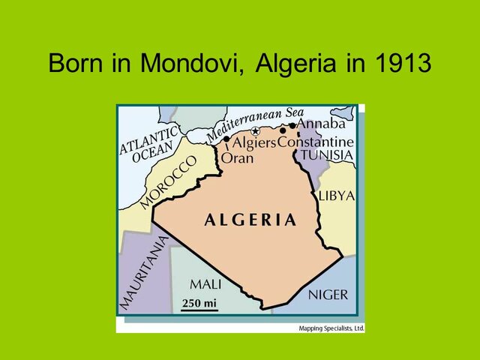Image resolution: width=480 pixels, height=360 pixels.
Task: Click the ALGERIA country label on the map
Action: (250, 220)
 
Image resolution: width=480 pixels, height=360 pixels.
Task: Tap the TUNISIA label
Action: (326, 155)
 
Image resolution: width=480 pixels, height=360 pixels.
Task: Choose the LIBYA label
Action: (336, 196)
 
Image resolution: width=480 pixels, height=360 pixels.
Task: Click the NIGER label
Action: (328, 294)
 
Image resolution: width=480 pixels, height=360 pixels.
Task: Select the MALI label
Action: (205, 284)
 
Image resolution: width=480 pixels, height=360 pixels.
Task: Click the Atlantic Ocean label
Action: (151, 145)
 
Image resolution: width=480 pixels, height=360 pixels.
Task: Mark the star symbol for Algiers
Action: (255, 132)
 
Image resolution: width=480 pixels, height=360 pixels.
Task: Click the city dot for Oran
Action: (226, 139)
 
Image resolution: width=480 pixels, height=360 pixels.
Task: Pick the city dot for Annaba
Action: (292, 125)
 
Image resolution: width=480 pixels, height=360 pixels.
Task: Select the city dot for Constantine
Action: (283, 130)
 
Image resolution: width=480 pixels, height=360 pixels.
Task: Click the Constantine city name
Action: (316, 142)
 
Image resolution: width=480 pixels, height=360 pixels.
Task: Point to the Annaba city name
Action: (321, 124)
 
